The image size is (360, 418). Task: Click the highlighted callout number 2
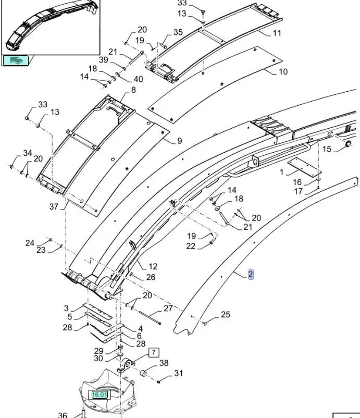click(251, 275)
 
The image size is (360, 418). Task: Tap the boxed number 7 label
click(154, 353)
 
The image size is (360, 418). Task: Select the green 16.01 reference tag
click(99, 395)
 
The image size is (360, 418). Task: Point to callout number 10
click(283, 71)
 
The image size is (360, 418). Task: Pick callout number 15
click(327, 150)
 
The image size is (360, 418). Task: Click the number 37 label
click(54, 206)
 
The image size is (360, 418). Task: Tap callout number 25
click(225, 314)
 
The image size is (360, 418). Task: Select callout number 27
click(168, 309)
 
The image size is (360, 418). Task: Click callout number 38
click(164, 363)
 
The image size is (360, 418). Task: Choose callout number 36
click(63, 415)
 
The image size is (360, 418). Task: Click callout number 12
click(153, 267)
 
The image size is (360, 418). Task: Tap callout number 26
click(151, 277)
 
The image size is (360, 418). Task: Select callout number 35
click(178, 32)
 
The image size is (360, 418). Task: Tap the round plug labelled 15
click(344, 144)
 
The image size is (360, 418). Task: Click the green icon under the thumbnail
click(16, 60)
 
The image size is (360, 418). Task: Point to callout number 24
click(30, 243)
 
